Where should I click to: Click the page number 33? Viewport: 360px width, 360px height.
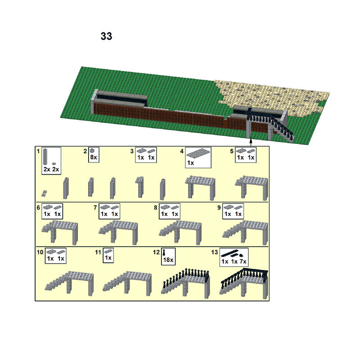click(106, 36)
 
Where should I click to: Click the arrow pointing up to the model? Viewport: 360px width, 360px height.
click(251, 142)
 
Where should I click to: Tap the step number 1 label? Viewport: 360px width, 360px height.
click(38, 151)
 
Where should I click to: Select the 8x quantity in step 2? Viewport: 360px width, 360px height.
click(94, 157)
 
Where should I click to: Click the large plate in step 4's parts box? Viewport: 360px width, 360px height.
click(197, 153)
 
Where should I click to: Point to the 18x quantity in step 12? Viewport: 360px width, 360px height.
click(168, 260)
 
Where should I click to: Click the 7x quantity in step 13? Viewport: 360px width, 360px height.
click(243, 261)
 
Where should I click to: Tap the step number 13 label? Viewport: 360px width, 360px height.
click(215, 252)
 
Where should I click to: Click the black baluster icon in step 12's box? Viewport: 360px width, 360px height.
click(164, 253)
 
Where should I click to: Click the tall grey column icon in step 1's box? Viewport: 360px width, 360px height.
click(45, 157)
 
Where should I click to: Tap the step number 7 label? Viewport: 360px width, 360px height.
click(95, 207)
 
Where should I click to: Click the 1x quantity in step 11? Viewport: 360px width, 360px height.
click(108, 258)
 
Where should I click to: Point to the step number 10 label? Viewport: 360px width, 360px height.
click(40, 252)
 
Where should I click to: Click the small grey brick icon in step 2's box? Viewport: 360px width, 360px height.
click(92, 151)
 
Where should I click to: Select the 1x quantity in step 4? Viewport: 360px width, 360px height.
click(190, 163)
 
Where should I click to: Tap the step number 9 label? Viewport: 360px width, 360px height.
click(219, 207)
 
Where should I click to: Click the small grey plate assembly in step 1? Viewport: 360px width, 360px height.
click(44, 193)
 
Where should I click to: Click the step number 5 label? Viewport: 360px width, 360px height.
click(232, 151)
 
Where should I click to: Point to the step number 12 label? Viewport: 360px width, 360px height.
click(156, 252)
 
